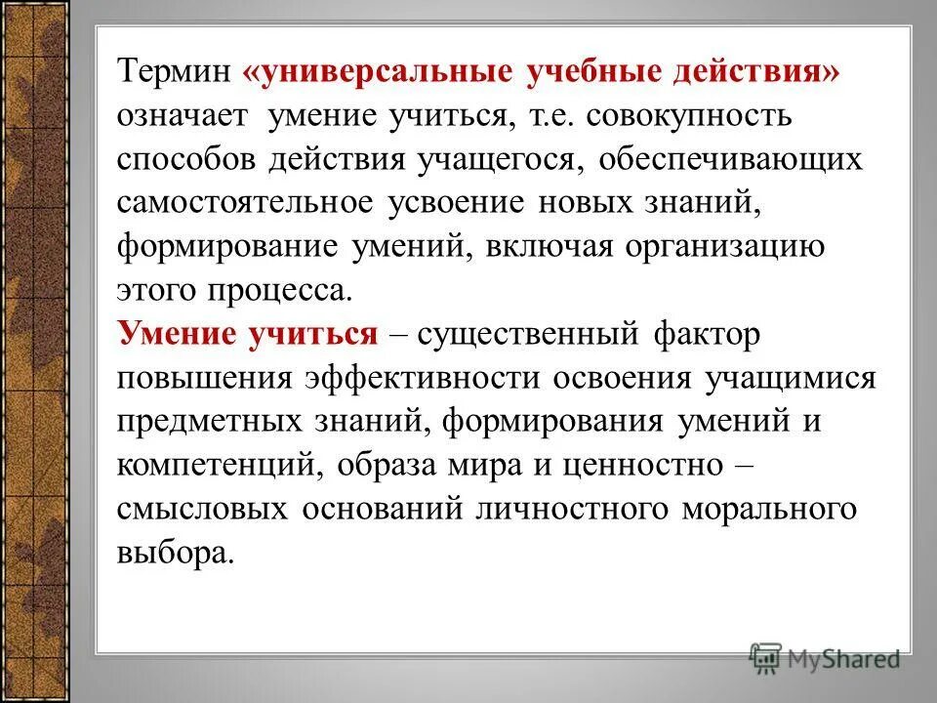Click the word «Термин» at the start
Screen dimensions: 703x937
[x=174, y=74]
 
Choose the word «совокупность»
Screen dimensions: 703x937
[x=692, y=116]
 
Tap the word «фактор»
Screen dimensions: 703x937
[x=701, y=334]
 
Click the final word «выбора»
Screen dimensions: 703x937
[x=176, y=553]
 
